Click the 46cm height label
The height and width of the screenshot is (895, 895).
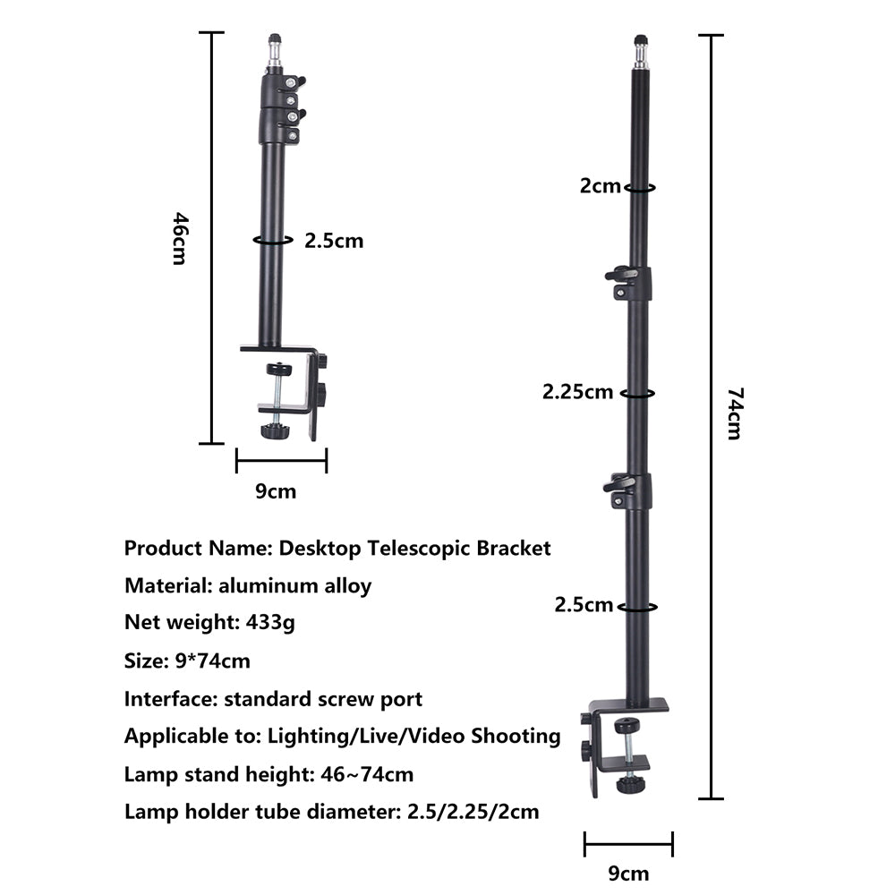179,238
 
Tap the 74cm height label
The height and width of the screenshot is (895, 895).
733,413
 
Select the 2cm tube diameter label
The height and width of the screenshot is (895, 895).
600,186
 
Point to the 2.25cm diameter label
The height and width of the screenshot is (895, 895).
577,391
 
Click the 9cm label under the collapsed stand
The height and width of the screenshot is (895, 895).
276,490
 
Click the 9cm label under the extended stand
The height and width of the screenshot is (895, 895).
627,873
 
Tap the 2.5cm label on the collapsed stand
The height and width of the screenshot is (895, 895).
334,240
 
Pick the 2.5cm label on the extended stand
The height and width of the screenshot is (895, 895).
584,604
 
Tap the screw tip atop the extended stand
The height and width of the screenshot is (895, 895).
641,41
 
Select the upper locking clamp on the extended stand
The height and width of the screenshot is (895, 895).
630,282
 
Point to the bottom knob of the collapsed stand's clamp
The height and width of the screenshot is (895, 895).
273,431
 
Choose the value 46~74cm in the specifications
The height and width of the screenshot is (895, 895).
367,774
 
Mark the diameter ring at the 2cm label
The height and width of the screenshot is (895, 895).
640,188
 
